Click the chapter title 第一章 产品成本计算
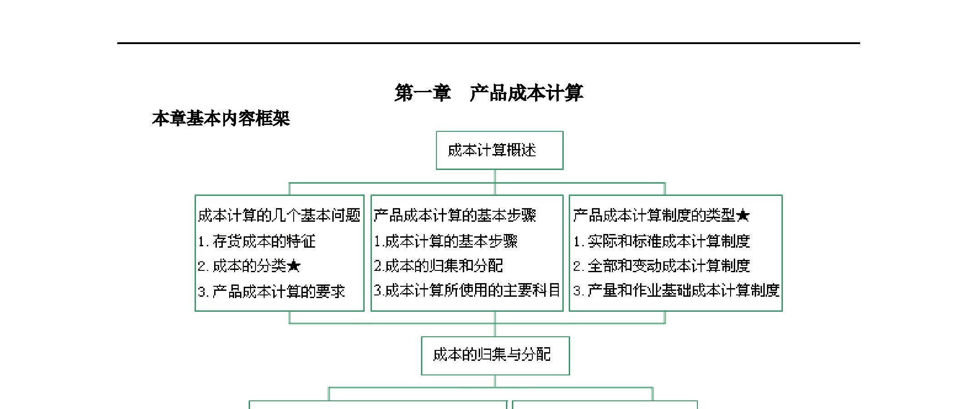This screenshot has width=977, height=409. tap(489, 93)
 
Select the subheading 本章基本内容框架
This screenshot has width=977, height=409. tap(221, 119)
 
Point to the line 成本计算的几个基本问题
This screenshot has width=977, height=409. tap(279, 215)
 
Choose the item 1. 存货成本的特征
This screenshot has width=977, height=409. tap(256, 241)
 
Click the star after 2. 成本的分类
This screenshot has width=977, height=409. tap(294, 265)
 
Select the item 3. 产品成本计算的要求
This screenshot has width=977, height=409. tap(271, 291)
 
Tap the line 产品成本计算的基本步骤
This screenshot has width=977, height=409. tap(455, 215)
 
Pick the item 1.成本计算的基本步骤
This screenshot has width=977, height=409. tap(446, 241)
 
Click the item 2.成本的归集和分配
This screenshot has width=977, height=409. tap(438, 266)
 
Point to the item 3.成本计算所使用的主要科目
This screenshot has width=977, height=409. tap(466, 290)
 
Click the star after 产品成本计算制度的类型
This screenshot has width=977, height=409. tap(742, 215)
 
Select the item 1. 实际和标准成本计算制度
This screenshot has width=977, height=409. tap(661, 241)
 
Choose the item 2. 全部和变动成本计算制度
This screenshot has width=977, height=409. tap(661, 266)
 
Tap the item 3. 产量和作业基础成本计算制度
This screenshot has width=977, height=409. tap(676, 290)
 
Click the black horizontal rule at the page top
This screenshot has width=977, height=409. tap(489, 43)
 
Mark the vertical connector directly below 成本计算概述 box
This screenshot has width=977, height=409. tap(495, 176)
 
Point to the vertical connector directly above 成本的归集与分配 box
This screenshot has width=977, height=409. tap(495, 330)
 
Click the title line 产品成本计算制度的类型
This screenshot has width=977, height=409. tap(654, 215)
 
